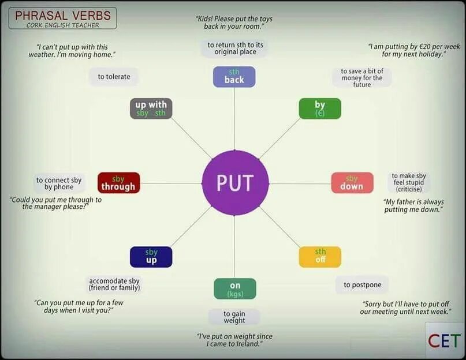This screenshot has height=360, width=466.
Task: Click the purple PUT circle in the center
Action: click(235, 183)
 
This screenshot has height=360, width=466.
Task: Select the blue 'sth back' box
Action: click(234, 77)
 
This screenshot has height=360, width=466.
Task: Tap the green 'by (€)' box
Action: click(319, 108)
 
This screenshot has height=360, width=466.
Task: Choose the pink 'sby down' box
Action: click(352, 182)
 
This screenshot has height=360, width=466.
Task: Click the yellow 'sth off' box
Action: click(320, 256)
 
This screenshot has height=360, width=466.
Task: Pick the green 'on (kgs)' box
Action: click(234, 289)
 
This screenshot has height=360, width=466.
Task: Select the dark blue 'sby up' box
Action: click(151, 257)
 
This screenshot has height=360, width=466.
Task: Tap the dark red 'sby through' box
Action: click(118, 183)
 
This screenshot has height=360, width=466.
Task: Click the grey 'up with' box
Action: click(151, 108)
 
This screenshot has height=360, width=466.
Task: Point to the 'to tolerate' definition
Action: click(114, 77)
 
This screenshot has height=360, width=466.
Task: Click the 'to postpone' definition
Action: click(362, 284)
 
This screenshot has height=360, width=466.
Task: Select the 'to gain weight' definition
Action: click(234, 317)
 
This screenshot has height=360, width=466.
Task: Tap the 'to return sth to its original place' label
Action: click(234, 48)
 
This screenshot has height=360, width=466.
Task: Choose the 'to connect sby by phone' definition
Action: click(59, 183)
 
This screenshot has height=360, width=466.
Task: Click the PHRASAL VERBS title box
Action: click(62, 18)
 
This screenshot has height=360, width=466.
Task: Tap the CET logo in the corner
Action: click(444, 340)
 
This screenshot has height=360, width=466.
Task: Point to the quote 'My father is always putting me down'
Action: click(413, 205)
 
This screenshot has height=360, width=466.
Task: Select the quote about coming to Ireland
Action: click(234, 340)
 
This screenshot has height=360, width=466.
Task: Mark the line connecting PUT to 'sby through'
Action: click(171, 183)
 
